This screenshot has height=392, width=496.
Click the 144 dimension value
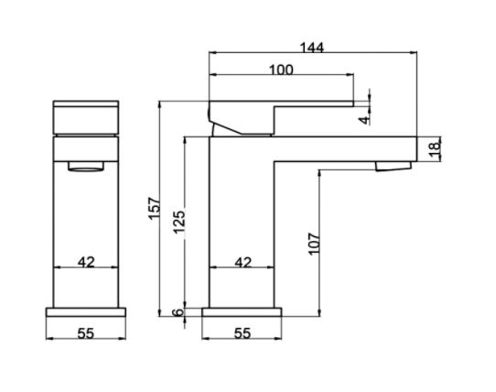click(311, 48)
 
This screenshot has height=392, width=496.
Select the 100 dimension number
click(281, 70)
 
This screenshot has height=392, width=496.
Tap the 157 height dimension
click(155, 208)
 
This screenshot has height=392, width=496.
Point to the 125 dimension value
click(179, 222)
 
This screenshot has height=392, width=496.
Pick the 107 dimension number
click(314, 244)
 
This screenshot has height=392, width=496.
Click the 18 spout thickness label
click(436, 148)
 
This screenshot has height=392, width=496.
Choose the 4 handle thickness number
click(365, 120)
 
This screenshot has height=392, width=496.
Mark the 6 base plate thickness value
click(179, 312)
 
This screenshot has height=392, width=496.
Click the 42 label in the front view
click(86, 262)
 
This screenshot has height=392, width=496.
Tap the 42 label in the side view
click(243, 263)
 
